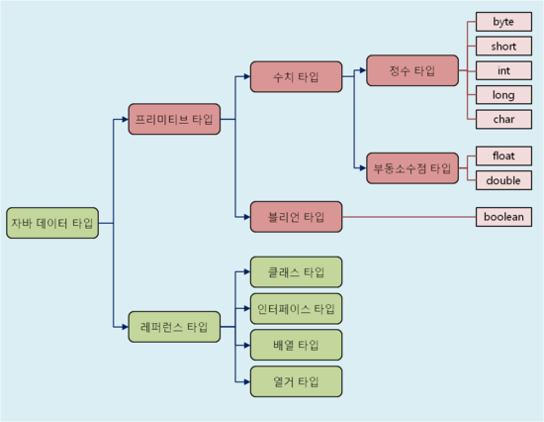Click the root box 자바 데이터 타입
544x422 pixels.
(52, 223)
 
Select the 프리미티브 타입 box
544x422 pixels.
(174, 120)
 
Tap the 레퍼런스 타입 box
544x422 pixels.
(174, 327)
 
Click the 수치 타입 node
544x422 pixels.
(296, 77)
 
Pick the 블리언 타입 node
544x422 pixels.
(296, 216)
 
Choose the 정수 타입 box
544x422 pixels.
(412, 70)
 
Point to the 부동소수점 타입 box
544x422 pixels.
(412, 167)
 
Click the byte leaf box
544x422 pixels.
(503, 22)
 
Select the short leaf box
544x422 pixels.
(503, 47)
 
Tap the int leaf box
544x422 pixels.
(503, 70)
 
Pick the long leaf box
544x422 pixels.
(503, 95)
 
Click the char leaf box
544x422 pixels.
(503, 119)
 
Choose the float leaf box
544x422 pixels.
(503, 156)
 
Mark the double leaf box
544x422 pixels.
(503, 180)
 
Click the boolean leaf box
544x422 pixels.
(503, 216)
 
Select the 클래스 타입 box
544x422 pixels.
(296, 271)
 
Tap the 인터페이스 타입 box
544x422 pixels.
(296, 308)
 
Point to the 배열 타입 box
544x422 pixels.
(296, 345)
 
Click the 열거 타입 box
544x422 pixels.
(296, 381)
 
